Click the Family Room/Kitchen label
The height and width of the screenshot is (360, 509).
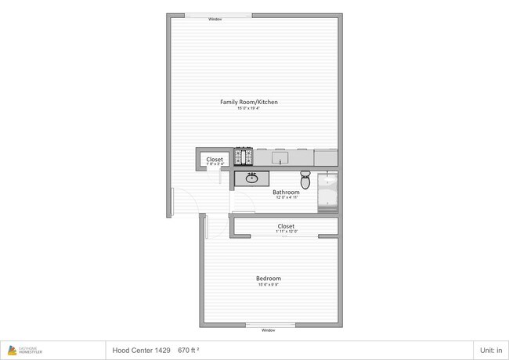click(249, 103)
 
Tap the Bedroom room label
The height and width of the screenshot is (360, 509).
click(269, 279)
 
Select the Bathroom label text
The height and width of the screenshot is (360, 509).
click(286, 192)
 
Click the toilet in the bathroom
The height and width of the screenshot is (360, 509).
click(306, 180)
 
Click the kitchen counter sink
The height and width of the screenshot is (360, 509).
click(280, 159)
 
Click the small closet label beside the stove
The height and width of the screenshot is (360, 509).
click(215, 160)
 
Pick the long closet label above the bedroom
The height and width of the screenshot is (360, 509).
click(286, 226)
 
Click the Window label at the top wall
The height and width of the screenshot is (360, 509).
click(215, 19)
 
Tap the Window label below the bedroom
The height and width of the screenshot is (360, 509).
click(269, 330)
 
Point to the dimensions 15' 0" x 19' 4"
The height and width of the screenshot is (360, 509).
click(249, 109)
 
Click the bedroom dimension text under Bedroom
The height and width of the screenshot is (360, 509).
click(269, 285)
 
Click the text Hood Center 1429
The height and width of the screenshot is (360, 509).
click(141, 351)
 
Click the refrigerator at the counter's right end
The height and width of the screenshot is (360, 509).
click(326, 159)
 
